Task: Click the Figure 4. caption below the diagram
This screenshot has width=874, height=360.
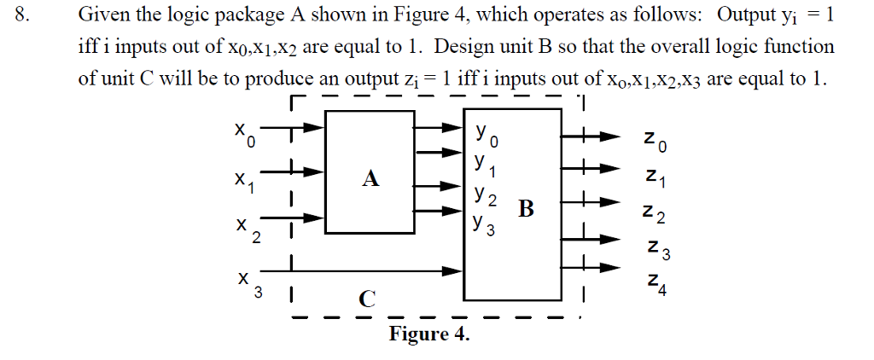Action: [x=429, y=334]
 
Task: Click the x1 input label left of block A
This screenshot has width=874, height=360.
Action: [x=245, y=181]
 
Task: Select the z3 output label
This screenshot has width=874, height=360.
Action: [x=655, y=250]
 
